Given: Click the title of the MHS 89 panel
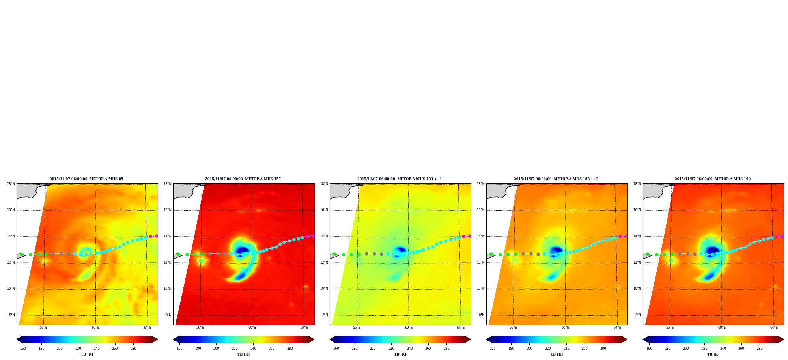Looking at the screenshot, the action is (86, 179).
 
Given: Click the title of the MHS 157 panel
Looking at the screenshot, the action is (243, 179).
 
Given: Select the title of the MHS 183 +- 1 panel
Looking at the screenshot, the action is (400, 179).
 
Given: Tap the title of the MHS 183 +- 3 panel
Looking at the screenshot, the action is (556, 179).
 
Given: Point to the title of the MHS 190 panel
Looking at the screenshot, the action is (713, 179).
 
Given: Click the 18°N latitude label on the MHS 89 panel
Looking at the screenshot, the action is (11, 184).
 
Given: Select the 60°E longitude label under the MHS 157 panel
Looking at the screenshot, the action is (252, 328).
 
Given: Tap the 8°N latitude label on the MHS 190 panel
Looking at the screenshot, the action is (638, 315).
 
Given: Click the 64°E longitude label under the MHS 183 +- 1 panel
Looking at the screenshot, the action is (461, 328).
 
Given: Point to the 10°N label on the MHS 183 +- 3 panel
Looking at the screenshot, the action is (481, 289).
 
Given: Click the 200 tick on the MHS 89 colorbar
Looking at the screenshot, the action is (60, 349).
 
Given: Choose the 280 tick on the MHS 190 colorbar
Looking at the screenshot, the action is (760, 349).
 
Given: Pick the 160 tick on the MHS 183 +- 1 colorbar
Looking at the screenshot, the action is (336, 349).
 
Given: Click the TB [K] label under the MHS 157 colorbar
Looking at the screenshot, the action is (243, 354).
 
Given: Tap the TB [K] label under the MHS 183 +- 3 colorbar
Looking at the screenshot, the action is (556, 354).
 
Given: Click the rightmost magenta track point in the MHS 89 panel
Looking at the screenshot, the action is (157, 236).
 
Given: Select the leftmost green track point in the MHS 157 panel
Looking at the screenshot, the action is (178, 254).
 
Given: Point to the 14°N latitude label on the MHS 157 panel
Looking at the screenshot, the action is (168, 236).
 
